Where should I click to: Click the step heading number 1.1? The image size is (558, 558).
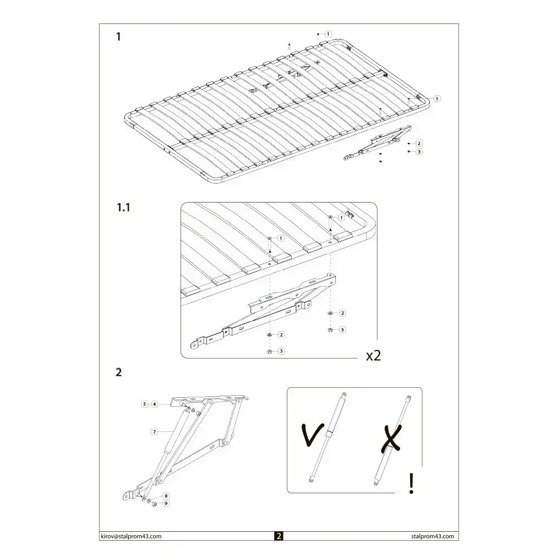pyautogui.click(x=123, y=208)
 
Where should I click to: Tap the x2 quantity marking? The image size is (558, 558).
pyautogui.click(x=373, y=356)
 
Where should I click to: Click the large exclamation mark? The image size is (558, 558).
pyautogui.click(x=412, y=483)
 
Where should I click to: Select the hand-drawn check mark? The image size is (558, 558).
pyautogui.click(x=312, y=435)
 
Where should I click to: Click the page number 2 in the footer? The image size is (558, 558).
pyautogui.click(x=279, y=536)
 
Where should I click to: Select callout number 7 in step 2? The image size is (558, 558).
pyautogui.click(x=153, y=431)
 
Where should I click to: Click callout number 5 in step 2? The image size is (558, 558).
pyautogui.click(x=144, y=403)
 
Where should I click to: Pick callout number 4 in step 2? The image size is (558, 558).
pyautogui.click(x=154, y=403)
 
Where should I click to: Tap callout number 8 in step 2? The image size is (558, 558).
pyautogui.click(x=166, y=496)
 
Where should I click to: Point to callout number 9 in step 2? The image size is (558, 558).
pyautogui.click(x=166, y=503)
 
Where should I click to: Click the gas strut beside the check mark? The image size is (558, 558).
pyautogui.click(x=329, y=436)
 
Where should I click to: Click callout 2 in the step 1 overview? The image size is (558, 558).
pyautogui.click(x=419, y=143)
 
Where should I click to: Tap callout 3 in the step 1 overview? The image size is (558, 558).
pyautogui.click(x=419, y=151)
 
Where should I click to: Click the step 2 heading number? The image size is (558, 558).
pyautogui.click(x=118, y=372)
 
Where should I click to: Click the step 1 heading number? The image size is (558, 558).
pyautogui.click(x=118, y=37)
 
